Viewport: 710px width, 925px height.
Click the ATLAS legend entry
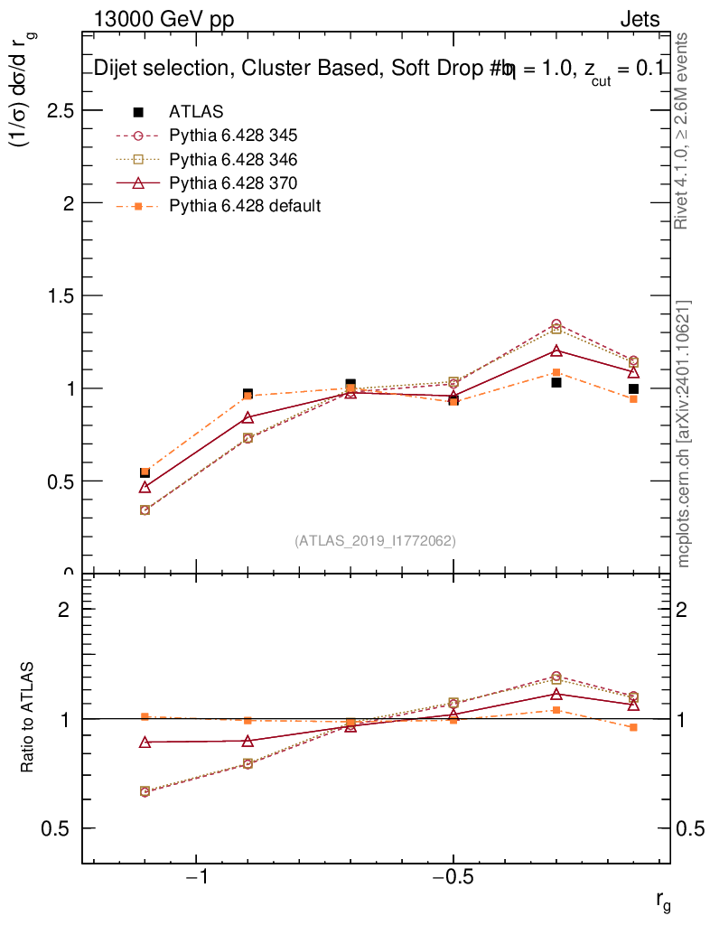click(196, 112)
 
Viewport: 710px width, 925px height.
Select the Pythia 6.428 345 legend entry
click(233, 135)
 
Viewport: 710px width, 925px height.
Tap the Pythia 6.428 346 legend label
click(233, 159)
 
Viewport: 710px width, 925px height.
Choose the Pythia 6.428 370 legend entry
click(233, 182)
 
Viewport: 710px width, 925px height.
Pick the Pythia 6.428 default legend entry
click(245, 206)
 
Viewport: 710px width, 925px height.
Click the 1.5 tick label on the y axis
click(61, 295)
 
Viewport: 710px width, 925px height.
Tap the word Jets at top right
click(639, 20)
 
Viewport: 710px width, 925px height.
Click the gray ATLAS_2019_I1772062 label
click(375, 541)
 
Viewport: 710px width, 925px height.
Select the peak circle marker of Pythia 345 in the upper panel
click(556, 324)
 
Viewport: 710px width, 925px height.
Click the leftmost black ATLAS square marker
click(145, 472)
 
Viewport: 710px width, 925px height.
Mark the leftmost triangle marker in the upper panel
click(145, 488)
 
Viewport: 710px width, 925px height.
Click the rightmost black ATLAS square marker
click(634, 389)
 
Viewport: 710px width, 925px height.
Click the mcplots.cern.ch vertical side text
click(685, 434)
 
